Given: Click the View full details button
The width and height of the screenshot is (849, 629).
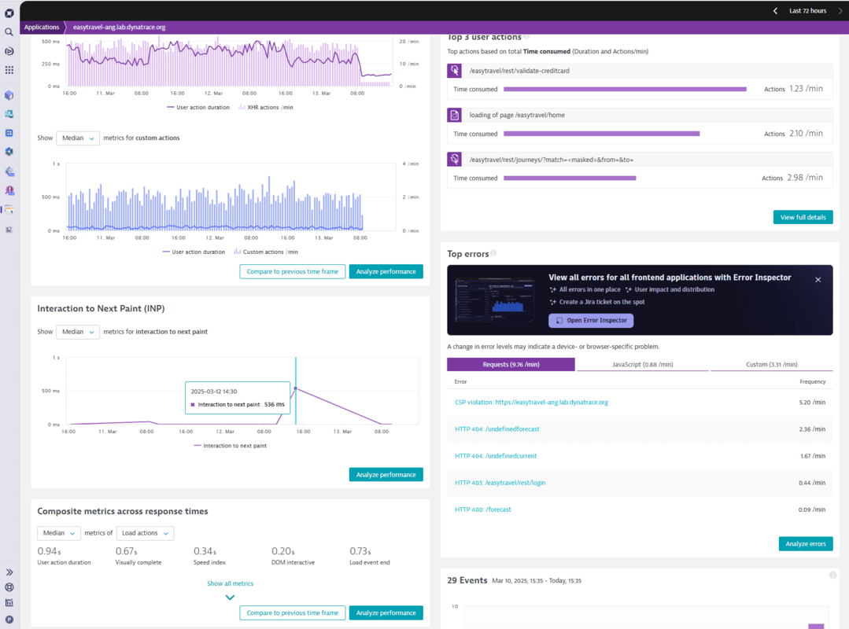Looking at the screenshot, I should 803,217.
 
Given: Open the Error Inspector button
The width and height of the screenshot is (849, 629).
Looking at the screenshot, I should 591,321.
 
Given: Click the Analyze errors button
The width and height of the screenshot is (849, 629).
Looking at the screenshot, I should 805,544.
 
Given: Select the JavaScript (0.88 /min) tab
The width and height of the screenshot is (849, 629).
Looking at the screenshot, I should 642,365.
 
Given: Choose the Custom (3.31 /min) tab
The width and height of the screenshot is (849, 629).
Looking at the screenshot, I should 771,365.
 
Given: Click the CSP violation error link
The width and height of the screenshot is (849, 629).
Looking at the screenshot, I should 531,402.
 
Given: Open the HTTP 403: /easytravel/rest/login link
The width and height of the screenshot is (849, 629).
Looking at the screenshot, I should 500,483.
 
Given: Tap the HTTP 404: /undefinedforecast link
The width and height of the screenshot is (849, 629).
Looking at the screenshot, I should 496,429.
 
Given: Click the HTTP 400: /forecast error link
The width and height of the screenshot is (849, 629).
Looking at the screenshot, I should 482,509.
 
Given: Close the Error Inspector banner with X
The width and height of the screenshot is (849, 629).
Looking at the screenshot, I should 818,280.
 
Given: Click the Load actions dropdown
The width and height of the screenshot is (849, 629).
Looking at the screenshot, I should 145,533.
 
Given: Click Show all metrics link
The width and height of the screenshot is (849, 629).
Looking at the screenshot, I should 230,583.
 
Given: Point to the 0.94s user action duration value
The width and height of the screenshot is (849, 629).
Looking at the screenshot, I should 48,551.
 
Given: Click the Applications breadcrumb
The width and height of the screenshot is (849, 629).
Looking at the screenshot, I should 42,28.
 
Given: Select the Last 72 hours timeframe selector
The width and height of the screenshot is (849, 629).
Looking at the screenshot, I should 807,11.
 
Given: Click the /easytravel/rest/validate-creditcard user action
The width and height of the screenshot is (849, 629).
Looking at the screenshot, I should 519,71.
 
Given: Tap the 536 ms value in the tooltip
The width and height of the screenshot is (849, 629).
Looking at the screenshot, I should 274,404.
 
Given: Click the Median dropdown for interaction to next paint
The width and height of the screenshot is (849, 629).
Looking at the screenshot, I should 78,332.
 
